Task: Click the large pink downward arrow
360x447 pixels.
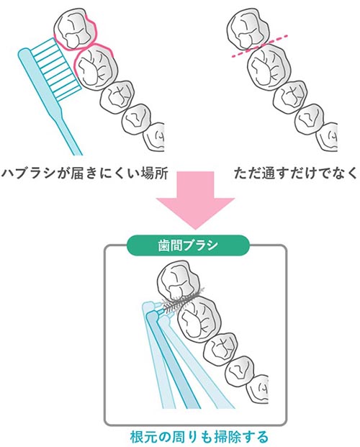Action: [x=195, y=198]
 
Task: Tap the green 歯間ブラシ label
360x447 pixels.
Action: [x=188, y=245]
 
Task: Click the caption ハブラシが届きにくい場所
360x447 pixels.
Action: [x=85, y=173]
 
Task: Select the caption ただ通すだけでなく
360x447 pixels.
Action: [x=295, y=173]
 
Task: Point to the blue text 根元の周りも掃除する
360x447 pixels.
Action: [x=199, y=437]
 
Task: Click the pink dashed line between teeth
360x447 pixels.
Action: [x=259, y=47]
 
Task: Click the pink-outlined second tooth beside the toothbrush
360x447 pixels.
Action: [x=96, y=68]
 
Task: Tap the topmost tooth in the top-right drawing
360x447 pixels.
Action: [x=248, y=29]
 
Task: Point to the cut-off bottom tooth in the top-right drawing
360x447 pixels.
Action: [x=328, y=137]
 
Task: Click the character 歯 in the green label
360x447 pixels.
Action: [x=164, y=245]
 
